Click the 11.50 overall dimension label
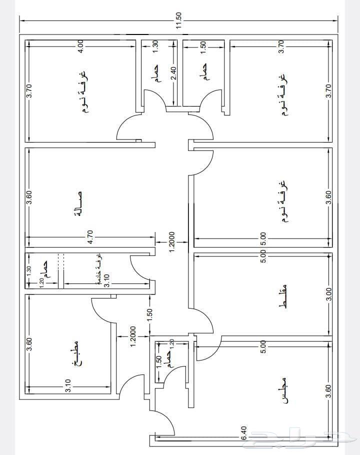pyautogui.click(x=179, y=20)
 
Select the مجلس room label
pyautogui.click(x=283, y=390)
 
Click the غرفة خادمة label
pyautogui.click(x=100, y=269)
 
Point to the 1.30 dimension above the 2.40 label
pyautogui.click(x=155, y=46)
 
